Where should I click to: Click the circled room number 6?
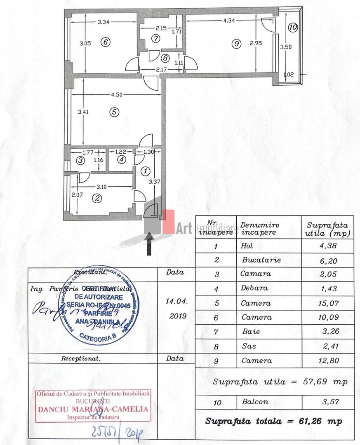[x=106, y=42]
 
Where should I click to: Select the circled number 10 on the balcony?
[x=292, y=28]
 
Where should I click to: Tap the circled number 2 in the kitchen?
[x=97, y=199]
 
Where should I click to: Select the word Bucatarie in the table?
[x=261, y=260]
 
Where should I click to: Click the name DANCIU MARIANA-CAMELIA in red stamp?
[x=93, y=410]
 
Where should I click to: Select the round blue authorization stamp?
[x=95, y=305]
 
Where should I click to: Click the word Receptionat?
[x=80, y=358]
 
